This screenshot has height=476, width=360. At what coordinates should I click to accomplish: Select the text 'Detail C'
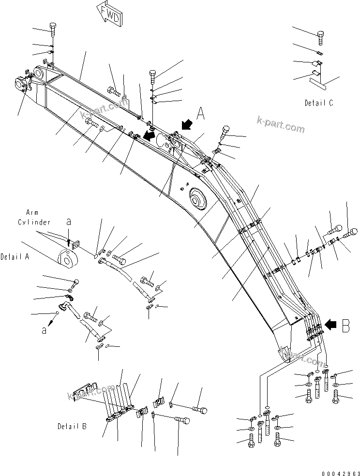tap(318, 103)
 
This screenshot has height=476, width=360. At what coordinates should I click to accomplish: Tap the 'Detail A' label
tap(15, 257)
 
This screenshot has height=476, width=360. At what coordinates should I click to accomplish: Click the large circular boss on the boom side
tap(197, 198)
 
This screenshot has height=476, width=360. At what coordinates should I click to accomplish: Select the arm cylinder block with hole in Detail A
tap(67, 257)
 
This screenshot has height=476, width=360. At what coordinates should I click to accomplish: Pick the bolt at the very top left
tap(52, 27)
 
